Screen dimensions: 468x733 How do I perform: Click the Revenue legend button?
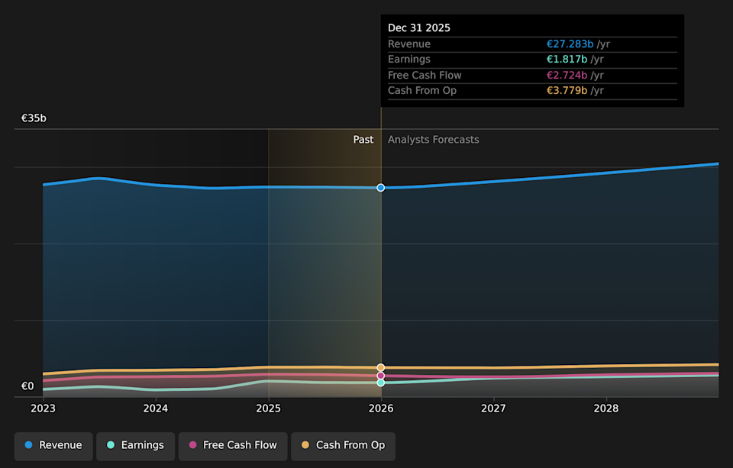[53, 446]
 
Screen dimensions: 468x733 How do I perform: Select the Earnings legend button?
[135, 446]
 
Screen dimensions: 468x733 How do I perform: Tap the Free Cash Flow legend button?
[233, 446]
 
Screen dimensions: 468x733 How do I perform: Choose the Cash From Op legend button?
[343, 446]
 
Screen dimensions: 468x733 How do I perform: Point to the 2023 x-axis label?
[43, 408]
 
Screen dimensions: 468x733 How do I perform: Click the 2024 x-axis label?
[156, 408]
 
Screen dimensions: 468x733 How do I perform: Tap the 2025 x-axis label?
[268, 408]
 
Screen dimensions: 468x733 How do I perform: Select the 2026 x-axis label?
[381, 408]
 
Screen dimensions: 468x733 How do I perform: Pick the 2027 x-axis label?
[493, 408]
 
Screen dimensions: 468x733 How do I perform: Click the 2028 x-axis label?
[606, 408]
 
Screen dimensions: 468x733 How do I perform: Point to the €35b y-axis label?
[34, 118]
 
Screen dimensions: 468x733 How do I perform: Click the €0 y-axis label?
[27, 386]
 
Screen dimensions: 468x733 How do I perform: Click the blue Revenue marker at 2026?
[381, 188]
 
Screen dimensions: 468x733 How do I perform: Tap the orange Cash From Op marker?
[381, 368]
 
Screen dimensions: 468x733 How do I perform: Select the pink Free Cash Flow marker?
[381, 376]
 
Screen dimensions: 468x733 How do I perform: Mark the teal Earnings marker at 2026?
[381, 382]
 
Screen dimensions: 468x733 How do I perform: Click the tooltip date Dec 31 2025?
[419, 28]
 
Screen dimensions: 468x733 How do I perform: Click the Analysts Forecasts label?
[433, 140]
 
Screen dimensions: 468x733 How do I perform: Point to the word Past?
[363, 140]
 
